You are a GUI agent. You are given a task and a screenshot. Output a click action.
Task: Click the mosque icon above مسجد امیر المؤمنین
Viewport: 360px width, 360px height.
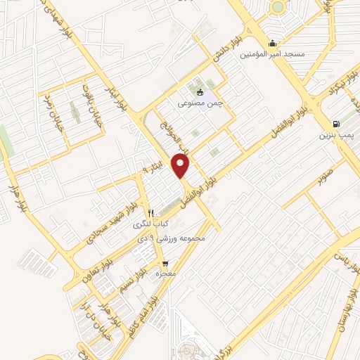pos(272,42)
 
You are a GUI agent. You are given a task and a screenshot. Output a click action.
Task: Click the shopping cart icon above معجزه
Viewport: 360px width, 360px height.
pos(166,264)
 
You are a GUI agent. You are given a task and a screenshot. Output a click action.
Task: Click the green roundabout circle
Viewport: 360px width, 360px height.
pos(278,7)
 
